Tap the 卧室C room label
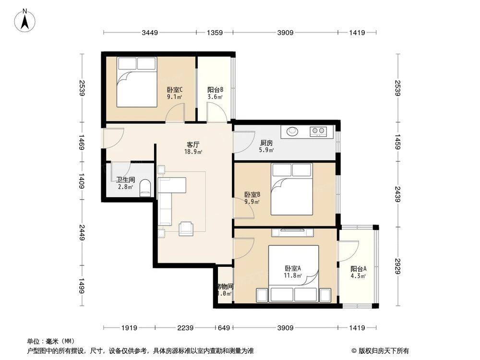174,90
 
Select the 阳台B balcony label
215,90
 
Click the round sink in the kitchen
292,130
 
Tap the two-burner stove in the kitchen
318,130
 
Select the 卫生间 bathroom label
125,180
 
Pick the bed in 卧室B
291,189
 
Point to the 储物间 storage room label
224,286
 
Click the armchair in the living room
186,228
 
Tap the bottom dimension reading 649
223,328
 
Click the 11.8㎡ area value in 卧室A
293,276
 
